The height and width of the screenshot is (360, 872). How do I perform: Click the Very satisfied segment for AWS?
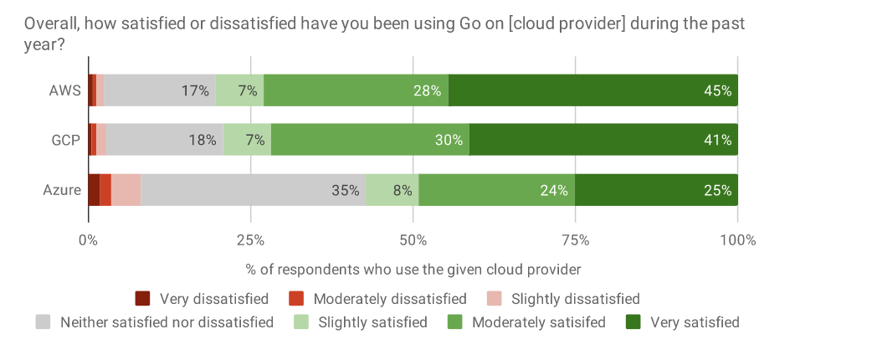[592, 90]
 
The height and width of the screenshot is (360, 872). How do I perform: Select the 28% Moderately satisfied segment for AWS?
[356, 90]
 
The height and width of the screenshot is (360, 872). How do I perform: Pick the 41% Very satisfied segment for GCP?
[603, 140]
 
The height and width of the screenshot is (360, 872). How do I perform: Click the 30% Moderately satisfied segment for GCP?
[370, 140]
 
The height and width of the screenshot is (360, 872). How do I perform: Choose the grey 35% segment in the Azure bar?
[253, 190]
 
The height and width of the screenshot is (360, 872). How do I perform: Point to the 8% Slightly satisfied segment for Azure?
[392, 190]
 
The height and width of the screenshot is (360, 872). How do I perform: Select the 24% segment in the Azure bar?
[496, 190]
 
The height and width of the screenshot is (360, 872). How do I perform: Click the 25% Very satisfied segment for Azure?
[656, 190]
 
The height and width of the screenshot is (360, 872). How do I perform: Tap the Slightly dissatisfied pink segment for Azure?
[126, 190]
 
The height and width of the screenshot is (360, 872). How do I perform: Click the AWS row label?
[64, 90]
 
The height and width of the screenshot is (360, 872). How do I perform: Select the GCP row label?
[64, 140]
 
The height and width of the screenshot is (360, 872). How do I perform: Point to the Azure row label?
[62, 190]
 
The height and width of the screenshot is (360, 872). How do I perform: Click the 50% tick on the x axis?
[413, 240]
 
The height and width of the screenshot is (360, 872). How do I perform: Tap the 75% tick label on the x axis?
[575, 240]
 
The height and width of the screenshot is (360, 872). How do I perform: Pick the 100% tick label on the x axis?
[737, 240]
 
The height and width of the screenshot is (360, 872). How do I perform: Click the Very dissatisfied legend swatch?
[142, 299]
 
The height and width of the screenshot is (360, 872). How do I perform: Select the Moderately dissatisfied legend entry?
[389, 299]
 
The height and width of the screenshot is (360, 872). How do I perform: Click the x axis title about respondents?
[413, 270]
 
